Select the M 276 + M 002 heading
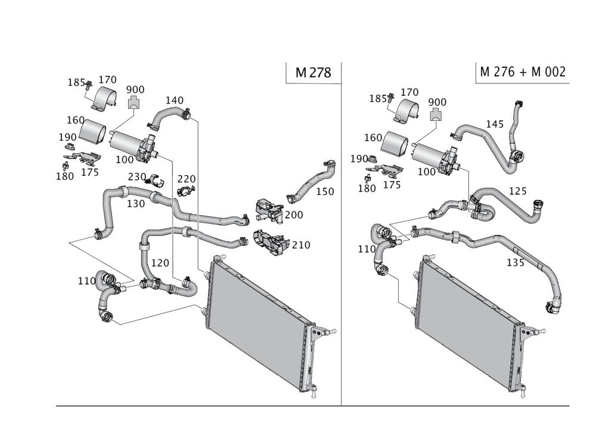(522, 72)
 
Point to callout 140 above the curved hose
(174, 99)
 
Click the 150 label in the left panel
(325, 191)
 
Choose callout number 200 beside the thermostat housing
(296, 214)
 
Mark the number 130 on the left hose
(136, 203)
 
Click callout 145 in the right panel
(495, 124)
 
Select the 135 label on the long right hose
(515, 263)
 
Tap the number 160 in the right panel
(372, 138)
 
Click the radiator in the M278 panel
(259, 322)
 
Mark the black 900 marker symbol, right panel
(438, 114)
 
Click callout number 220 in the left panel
(186, 179)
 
